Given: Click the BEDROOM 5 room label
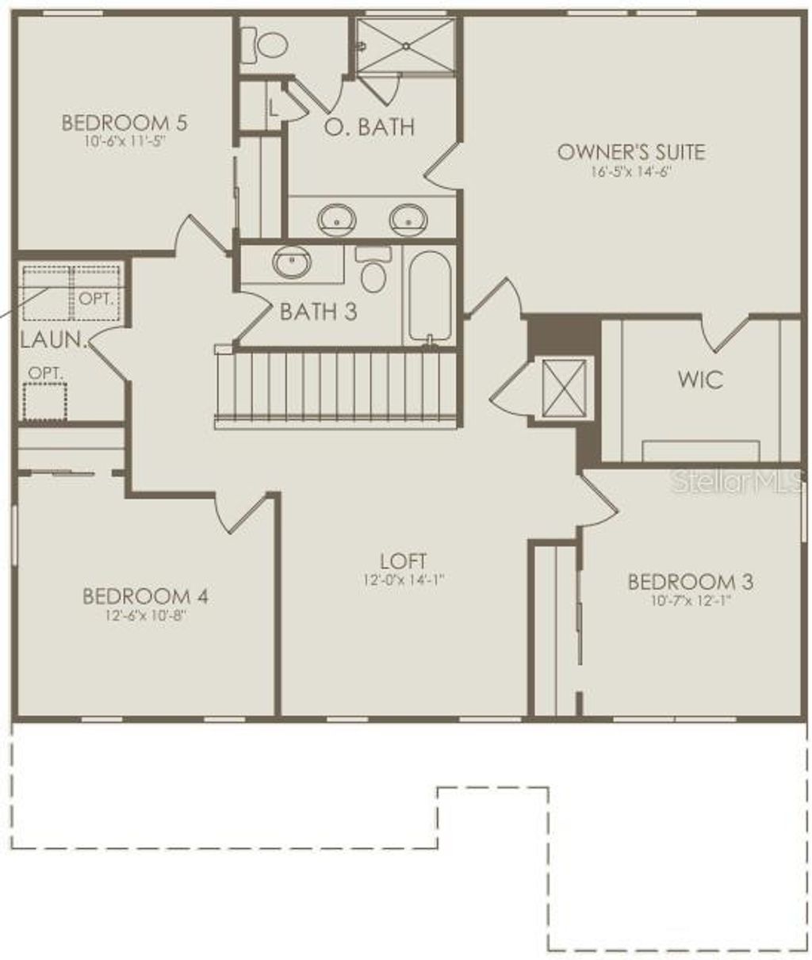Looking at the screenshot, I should click(124, 124).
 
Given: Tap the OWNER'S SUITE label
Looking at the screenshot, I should click(630, 151).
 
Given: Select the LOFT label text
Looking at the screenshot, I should click(404, 561).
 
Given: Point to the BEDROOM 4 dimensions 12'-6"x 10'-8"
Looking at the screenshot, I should click(145, 614).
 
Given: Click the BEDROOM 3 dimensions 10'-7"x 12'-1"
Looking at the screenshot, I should click(690, 600).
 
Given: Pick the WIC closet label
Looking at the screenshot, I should click(700, 379).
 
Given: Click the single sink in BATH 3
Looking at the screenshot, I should click(292, 262).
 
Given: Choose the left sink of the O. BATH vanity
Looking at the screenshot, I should click(337, 218).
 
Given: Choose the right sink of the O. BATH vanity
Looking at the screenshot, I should click(409, 218).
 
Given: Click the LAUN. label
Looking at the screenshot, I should click(52, 341).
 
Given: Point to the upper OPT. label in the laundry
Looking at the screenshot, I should click(96, 299).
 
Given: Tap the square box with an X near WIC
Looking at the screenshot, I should click(565, 388).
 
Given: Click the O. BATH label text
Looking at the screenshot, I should click(370, 126).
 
